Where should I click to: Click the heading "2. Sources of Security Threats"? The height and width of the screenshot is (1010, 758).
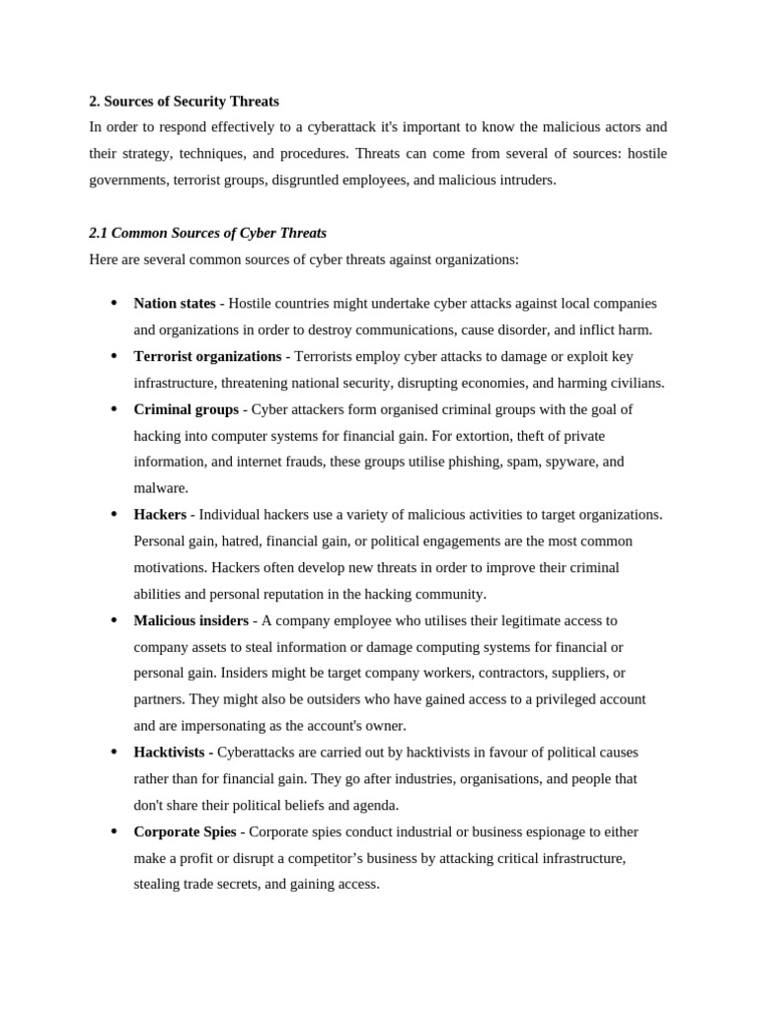pos(184,102)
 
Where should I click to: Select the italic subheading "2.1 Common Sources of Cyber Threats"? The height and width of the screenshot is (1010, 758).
pos(207,234)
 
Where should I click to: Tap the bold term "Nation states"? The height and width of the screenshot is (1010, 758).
pos(174,304)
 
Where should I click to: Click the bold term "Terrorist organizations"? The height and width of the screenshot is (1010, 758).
pos(207,356)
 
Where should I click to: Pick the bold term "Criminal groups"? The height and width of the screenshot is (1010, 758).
pos(186,409)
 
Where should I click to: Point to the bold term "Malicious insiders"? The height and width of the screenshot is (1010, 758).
pos(190,620)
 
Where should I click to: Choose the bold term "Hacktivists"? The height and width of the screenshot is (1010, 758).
pos(172,753)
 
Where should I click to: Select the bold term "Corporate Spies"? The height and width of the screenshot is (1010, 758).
pos(186,831)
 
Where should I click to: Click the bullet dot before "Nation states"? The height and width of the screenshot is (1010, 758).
pos(114,304)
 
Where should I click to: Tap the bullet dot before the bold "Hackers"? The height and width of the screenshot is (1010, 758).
pos(114,515)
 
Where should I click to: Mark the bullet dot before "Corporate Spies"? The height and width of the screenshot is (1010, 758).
pos(114,831)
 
